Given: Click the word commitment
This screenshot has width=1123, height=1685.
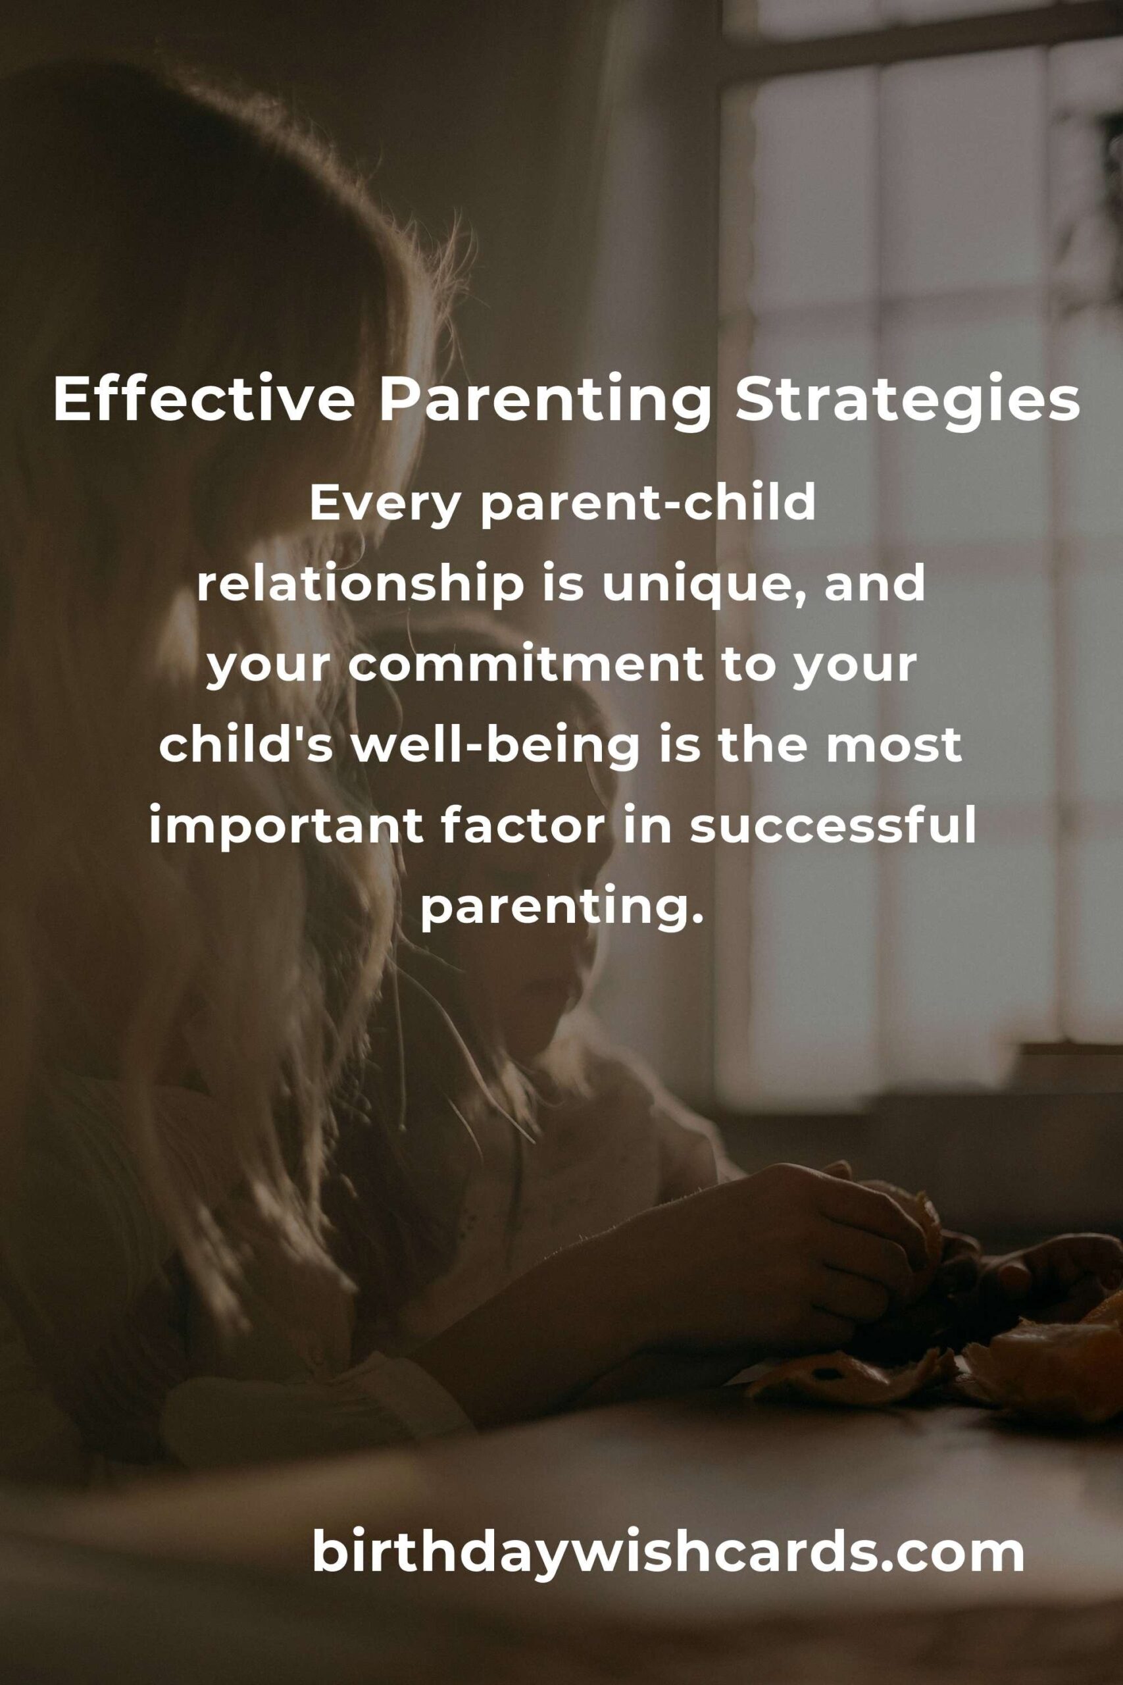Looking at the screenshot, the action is coord(535,666).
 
